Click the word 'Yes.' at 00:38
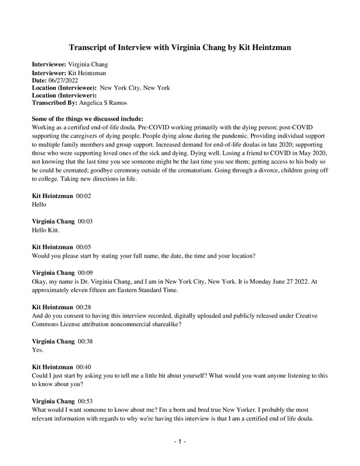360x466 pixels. pos(39,351)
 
